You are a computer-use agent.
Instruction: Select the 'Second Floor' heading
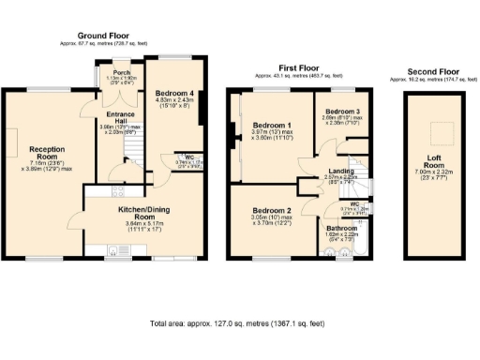(x=434, y=71)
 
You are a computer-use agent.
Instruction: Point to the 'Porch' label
(x=120, y=72)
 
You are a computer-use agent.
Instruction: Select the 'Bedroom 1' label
(x=276, y=125)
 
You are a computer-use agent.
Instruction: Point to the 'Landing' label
(x=339, y=171)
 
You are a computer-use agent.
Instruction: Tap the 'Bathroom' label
(x=342, y=228)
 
